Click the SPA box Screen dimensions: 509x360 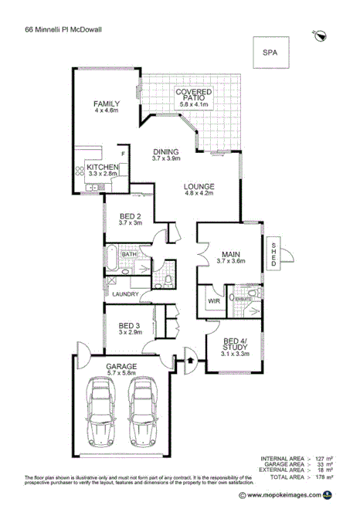coord(270,53)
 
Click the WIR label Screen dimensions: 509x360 coord(212,301)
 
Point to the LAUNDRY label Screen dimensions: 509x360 coord(124,294)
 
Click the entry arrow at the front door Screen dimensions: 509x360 coord(192,358)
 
